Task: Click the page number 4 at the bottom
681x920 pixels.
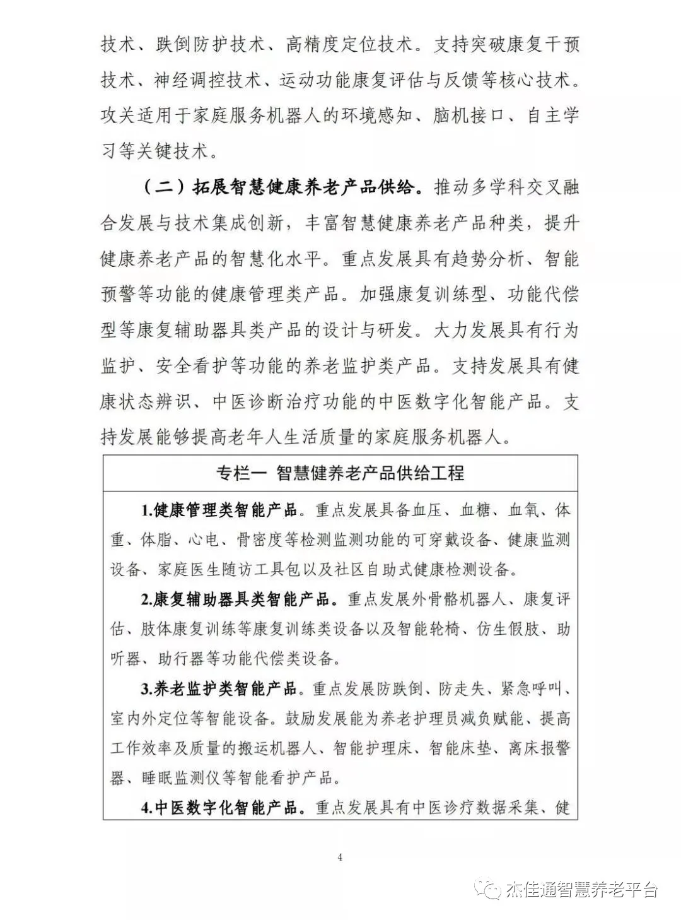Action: click(x=340, y=857)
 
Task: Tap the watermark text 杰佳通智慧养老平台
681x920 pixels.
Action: click(x=581, y=890)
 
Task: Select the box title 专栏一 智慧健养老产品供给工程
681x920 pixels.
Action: click(x=340, y=473)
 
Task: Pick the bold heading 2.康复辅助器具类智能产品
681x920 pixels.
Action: click(x=235, y=599)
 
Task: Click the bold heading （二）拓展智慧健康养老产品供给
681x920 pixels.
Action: click(x=280, y=187)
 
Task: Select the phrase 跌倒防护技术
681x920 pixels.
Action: click(x=207, y=45)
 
